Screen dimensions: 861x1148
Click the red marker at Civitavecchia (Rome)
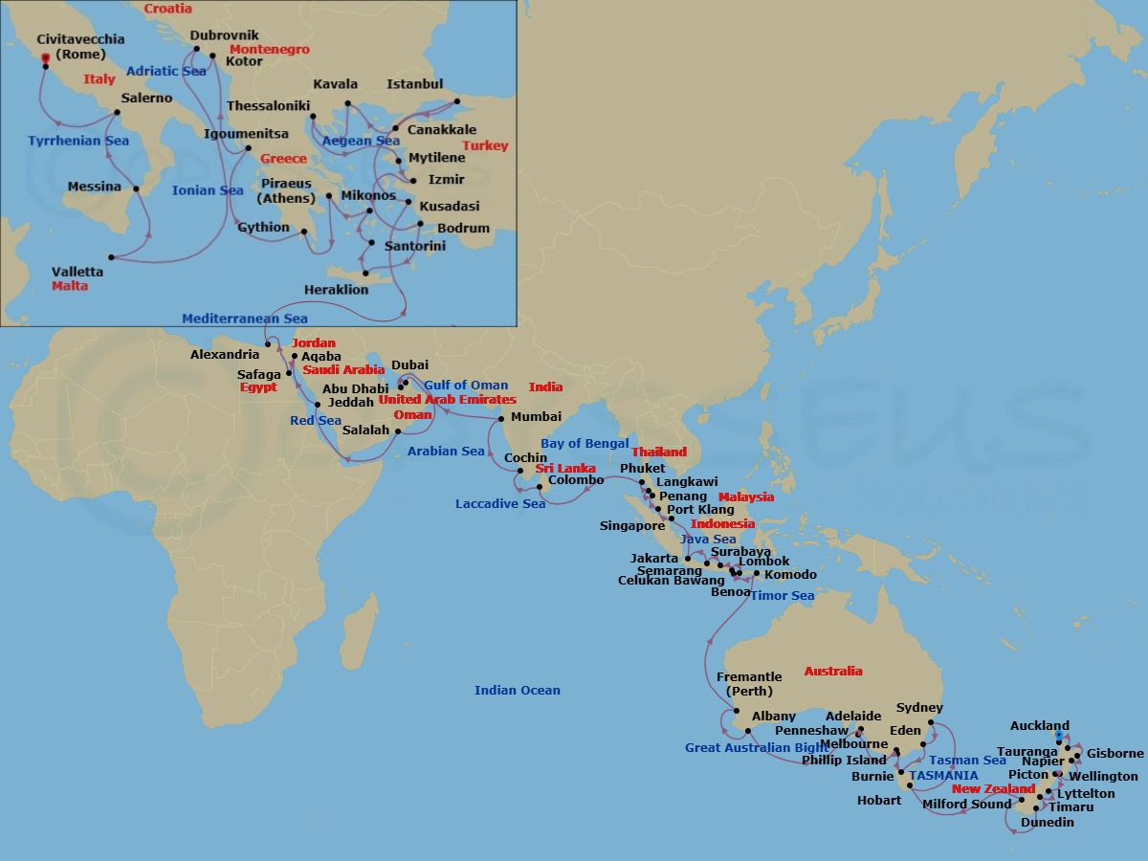click(45, 59)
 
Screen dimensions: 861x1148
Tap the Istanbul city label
click(414, 84)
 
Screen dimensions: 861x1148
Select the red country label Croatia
click(167, 9)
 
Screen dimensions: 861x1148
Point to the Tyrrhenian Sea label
click(78, 141)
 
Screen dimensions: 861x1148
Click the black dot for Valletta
click(112, 257)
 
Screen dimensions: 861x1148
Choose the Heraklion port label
click(336, 290)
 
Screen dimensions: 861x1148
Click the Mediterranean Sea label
click(245, 319)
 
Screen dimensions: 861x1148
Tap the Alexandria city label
click(225, 355)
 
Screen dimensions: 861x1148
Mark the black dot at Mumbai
click(502, 419)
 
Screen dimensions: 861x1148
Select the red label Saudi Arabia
click(343, 370)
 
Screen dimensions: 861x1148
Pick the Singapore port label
click(632, 526)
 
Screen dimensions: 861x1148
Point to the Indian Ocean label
click(518, 690)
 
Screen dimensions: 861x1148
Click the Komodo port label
click(790, 575)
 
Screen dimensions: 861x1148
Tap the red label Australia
click(833, 672)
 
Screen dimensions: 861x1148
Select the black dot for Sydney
click(931, 723)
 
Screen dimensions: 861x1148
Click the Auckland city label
click(1040, 726)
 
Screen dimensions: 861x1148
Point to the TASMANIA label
click(943, 775)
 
